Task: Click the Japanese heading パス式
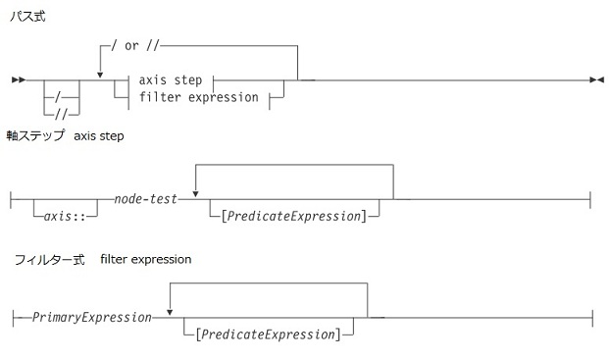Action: point(27,18)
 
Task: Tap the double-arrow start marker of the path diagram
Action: point(16,77)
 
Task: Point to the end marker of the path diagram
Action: point(595,77)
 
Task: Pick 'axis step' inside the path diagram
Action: point(171,79)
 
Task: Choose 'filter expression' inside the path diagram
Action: point(198,96)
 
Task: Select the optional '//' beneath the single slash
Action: point(62,113)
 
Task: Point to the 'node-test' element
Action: point(145,198)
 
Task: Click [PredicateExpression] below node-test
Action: point(294,215)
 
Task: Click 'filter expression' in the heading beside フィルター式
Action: point(145,260)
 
